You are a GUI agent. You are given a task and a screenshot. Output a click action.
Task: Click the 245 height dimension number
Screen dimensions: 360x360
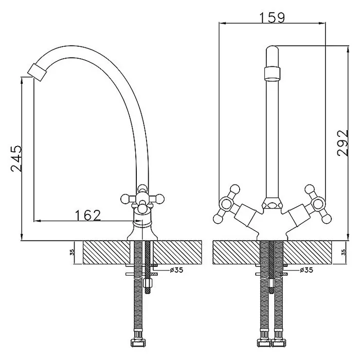[x=16, y=158]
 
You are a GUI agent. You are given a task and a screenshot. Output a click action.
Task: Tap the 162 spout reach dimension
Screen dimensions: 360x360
[x=88, y=215]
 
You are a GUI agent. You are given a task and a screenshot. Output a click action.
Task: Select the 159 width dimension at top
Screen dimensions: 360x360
[x=272, y=17]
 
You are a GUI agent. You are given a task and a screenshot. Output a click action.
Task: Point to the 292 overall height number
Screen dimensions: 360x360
[x=343, y=143]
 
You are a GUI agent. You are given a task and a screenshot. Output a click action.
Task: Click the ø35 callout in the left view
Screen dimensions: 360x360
[x=176, y=270]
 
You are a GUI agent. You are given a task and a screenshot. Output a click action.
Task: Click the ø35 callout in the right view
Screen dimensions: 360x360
[x=307, y=270]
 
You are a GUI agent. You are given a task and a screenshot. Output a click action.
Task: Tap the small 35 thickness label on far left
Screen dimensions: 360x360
[x=72, y=253]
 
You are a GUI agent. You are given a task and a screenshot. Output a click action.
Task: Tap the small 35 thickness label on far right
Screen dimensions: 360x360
[x=344, y=253]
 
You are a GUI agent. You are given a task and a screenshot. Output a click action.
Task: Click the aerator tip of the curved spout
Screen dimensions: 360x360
[x=37, y=72]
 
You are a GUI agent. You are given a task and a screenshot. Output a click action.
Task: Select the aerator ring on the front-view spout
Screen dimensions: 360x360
[x=273, y=74]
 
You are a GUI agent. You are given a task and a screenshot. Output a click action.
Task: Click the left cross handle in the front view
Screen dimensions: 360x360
[x=227, y=204]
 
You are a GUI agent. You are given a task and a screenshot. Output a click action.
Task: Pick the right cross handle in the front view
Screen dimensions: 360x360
[x=318, y=204]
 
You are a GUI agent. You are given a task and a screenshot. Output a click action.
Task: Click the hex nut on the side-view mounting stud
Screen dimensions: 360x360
[x=147, y=283]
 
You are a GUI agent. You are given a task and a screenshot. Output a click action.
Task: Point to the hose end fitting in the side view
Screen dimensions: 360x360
[x=138, y=343]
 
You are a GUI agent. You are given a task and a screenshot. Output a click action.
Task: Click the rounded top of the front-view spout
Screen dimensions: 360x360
[x=273, y=50]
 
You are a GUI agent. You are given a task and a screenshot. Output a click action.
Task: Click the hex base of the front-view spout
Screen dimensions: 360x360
[x=273, y=203]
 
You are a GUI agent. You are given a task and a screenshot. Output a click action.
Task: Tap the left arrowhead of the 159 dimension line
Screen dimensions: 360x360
[x=223, y=23]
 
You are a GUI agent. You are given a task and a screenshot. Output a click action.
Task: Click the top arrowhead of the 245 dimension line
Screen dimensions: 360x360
[x=22, y=80]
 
